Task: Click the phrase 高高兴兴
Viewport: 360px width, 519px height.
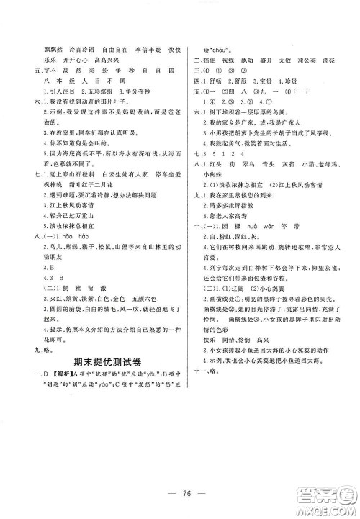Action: click(x=95, y=42)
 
